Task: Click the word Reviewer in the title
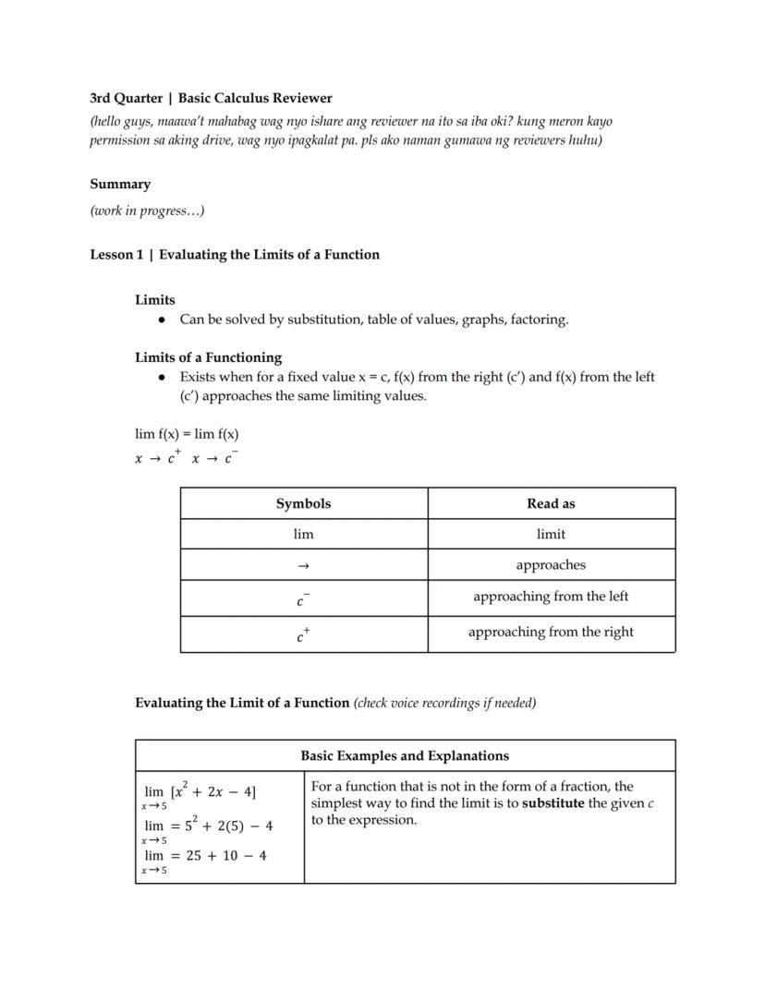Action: click(x=301, y=98)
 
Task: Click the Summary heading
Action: click(x=120, y=184)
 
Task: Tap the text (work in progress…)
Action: click(x=147, y=211)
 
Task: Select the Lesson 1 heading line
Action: click(x=235, y=255)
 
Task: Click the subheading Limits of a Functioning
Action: click(x=208, y=357)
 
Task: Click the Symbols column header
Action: click(x=303, y=503)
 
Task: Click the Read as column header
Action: click(x=551, y=503)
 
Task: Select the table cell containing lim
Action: click(x=303, y=534)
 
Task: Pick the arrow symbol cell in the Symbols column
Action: click(x=303, y=565)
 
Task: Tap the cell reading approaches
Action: click(x=551, y=565)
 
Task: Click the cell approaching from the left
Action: click(x=551, y=597)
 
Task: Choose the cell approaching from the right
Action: click(x=551, y=633)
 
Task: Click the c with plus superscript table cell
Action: click(x=303, y=634)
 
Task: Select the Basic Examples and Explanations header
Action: click(x=405, y=755)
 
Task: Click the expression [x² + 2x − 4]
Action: click(x=213, y=791)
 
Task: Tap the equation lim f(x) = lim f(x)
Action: click(x=187, y=434)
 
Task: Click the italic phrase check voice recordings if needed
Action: click(x=445, y=703)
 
